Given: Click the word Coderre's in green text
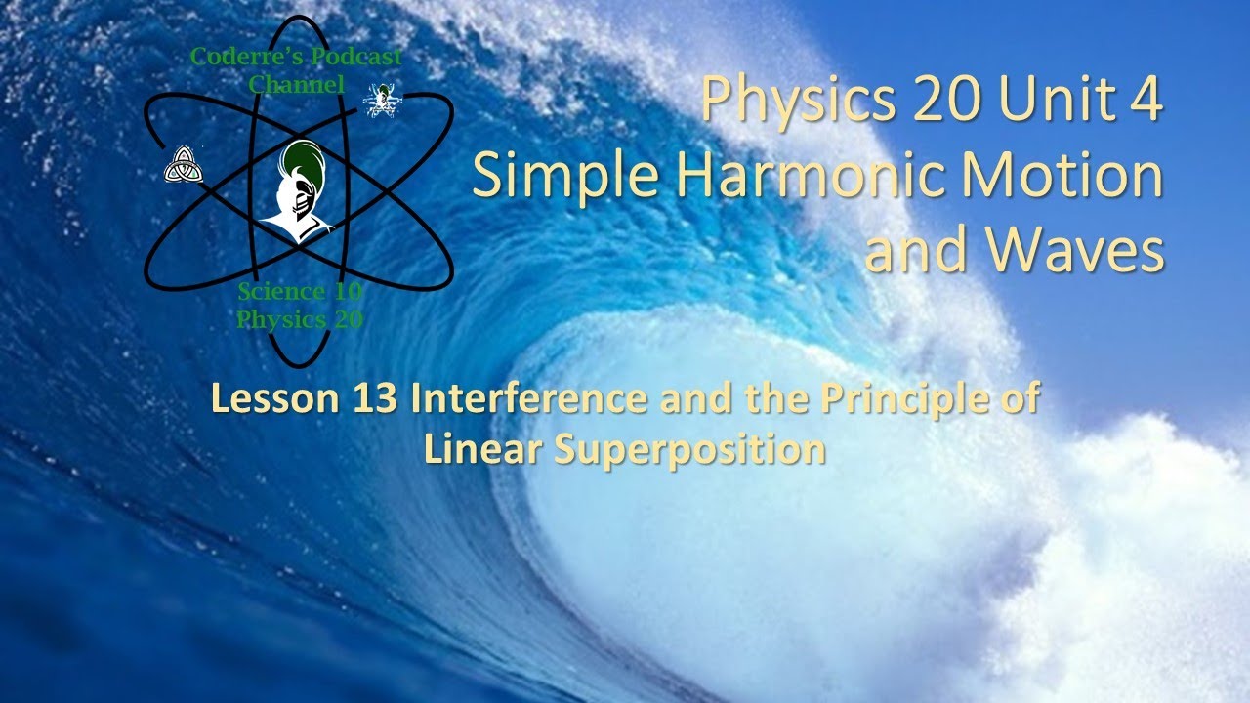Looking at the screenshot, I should coord(231,57).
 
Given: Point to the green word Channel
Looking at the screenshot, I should coord(296,84).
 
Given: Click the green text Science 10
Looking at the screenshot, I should coord(299,292).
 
